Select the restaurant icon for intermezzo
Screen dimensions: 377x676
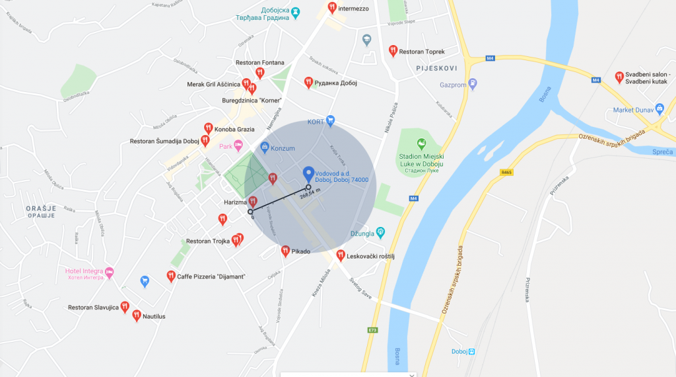[x=332, y=9]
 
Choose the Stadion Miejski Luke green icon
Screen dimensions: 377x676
[x=420, y=144]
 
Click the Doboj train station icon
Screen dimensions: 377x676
[x=471, y=351]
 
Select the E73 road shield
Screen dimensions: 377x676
[x=373, y=329]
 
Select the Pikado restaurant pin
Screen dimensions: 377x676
[x=285, y=251]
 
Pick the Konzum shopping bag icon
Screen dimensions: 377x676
[x=265, y=147]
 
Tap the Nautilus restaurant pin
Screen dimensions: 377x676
[x=137, y=315]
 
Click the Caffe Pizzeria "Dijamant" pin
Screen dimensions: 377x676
[x=170, y=276]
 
